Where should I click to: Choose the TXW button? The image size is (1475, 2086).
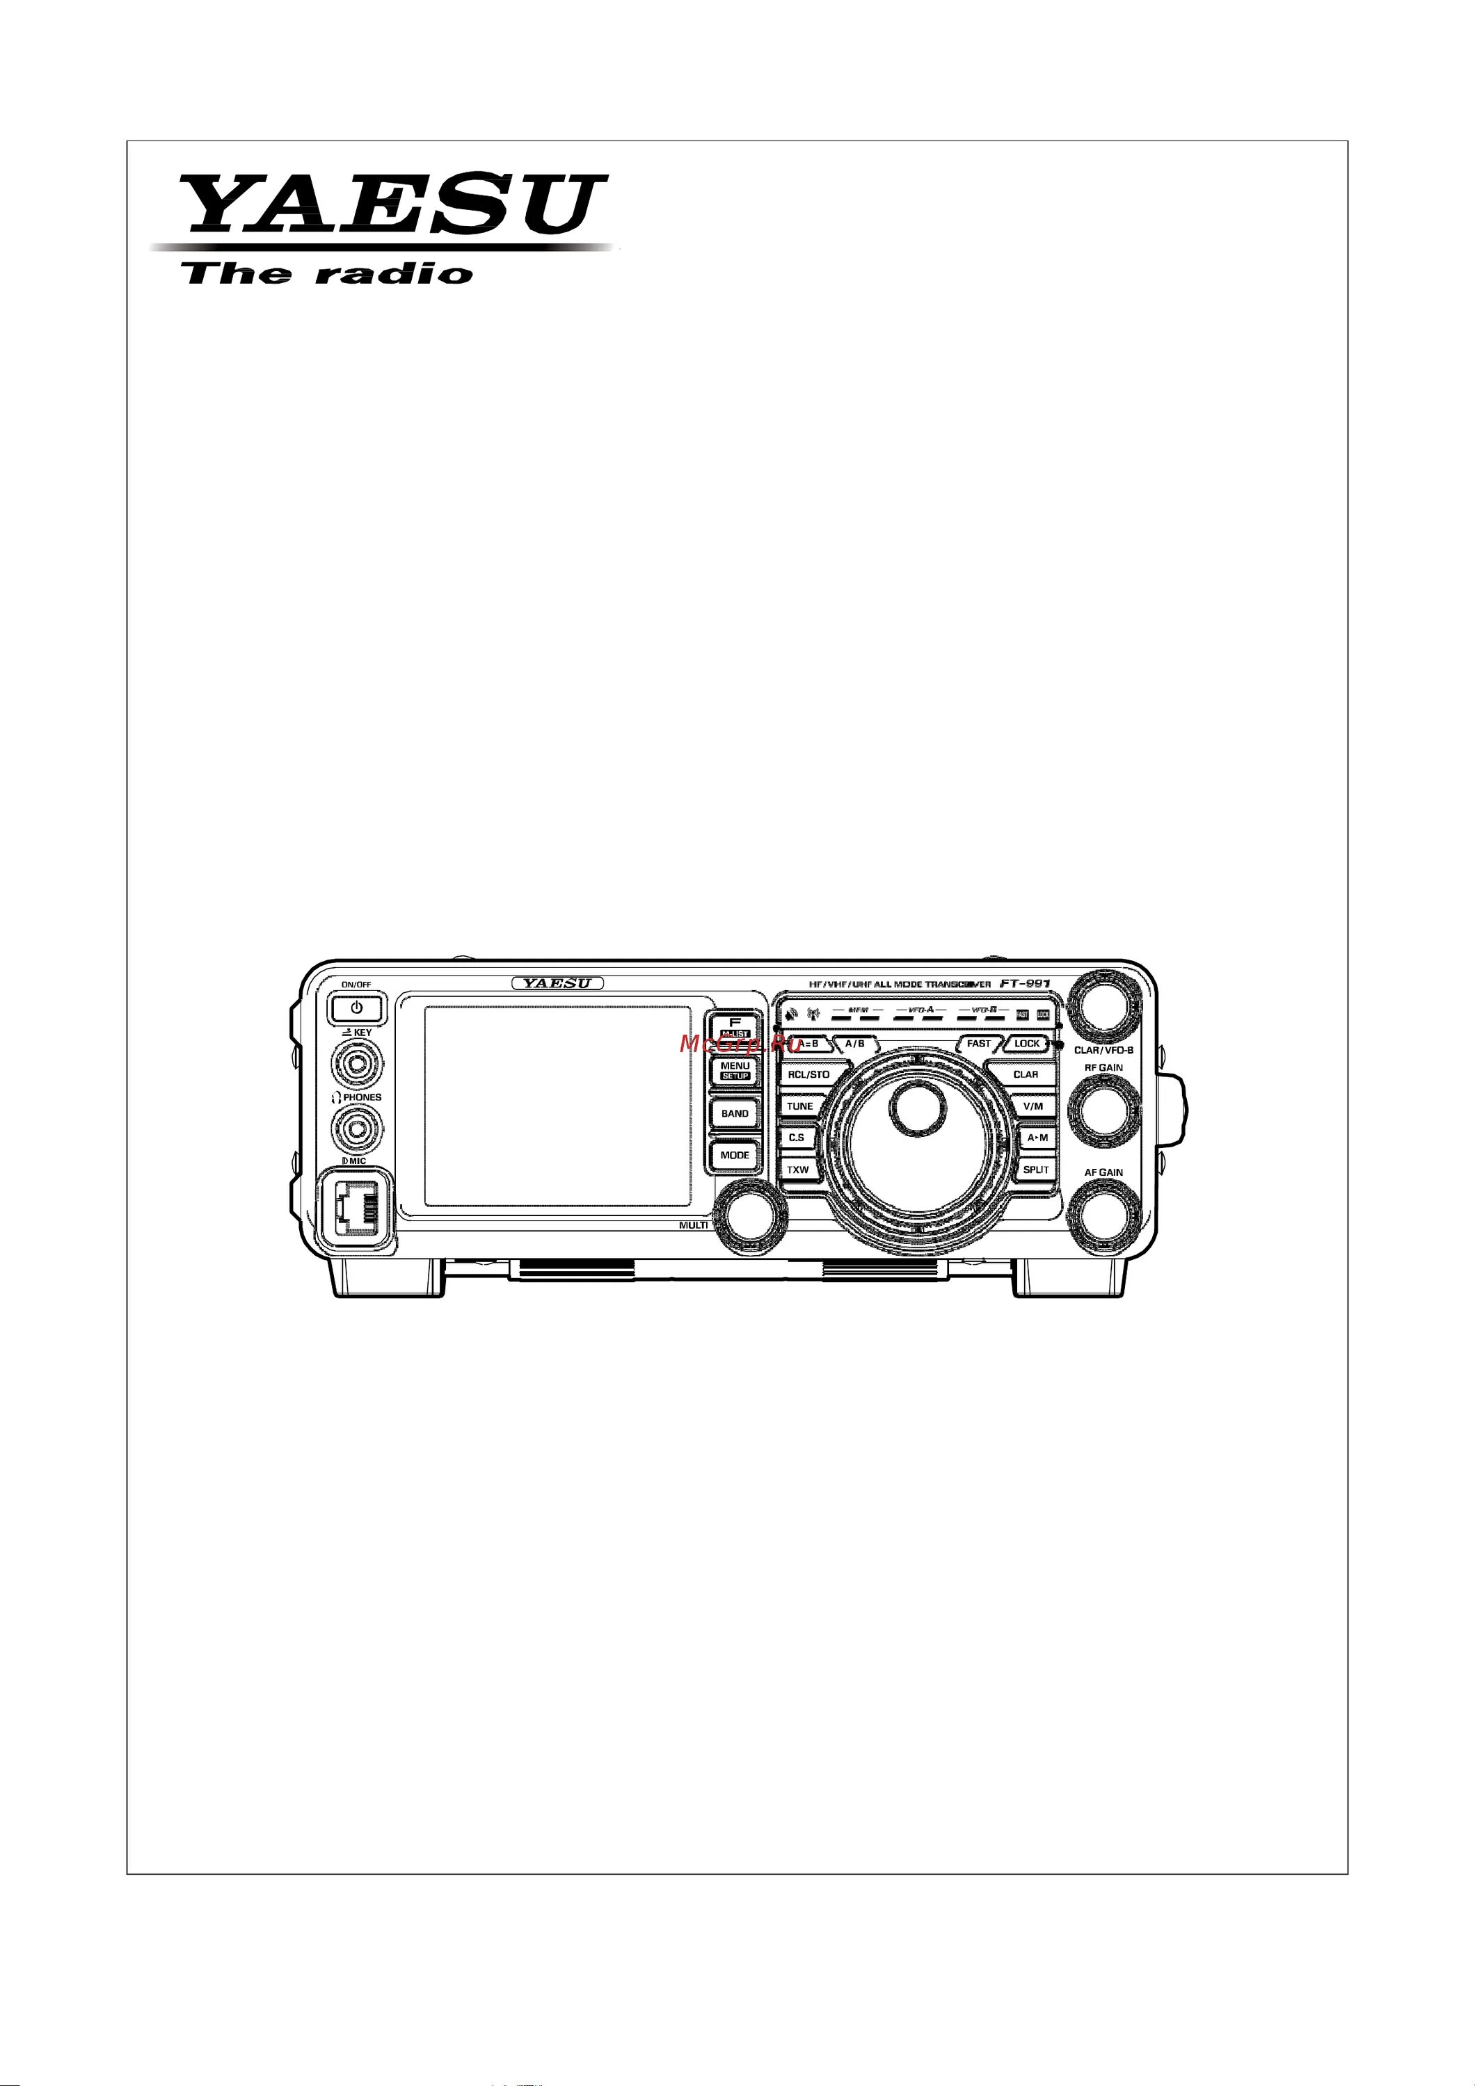[798, 1170]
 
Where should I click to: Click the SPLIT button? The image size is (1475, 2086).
[1035, 1170]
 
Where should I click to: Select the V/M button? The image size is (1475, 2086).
[1032, 1106]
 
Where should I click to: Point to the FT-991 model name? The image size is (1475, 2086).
[1021, 985]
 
